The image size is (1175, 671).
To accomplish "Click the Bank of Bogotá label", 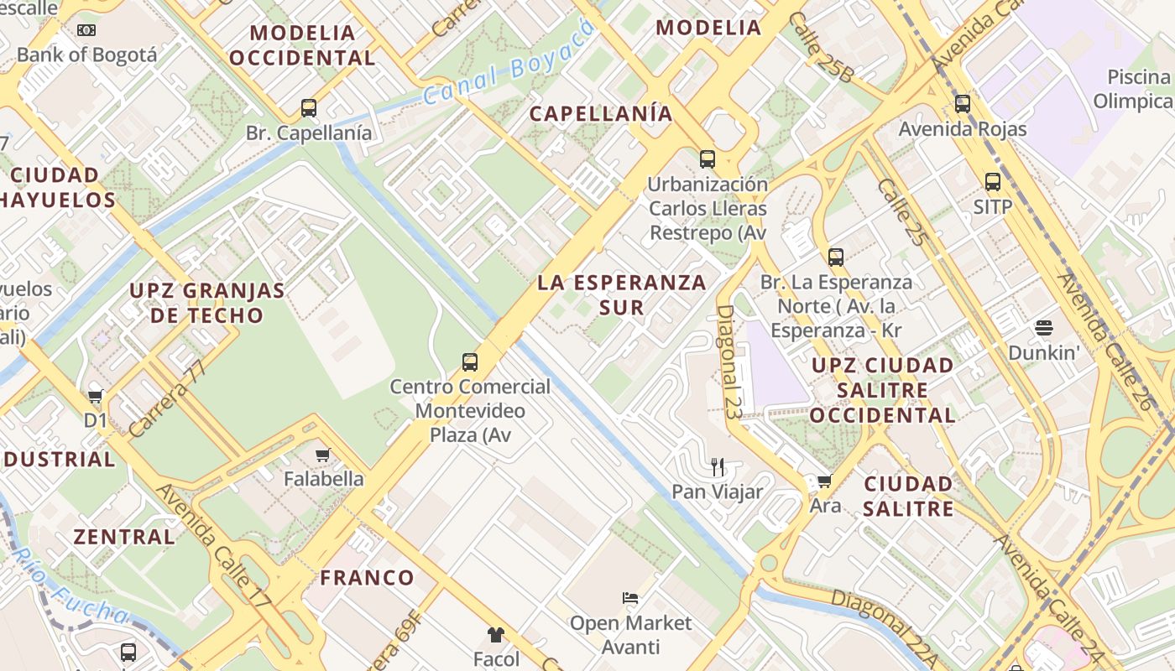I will [86, 55].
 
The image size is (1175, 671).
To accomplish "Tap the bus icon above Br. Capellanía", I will [309, 107].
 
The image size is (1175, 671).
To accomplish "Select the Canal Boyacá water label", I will [509, 61].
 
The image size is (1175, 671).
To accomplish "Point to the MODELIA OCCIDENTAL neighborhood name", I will [303, 45].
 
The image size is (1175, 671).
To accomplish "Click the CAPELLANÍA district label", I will [601, 113].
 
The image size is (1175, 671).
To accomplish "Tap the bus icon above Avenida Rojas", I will [963, 104].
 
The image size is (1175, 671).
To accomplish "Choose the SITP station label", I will [993, 206].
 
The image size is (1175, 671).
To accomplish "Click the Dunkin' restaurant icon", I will [1044, 327].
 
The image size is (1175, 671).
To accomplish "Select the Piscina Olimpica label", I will [1133, 89].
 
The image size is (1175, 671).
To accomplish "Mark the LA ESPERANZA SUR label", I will [622, 294].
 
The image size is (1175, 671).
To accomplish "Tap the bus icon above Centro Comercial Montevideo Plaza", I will [470, 362].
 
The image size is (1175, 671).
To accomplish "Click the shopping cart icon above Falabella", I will [322, 455].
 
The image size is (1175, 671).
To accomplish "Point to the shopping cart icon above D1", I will [96, 396].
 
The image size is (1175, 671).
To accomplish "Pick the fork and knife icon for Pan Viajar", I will [718, 466].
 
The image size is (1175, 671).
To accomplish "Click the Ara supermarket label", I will [825, 506].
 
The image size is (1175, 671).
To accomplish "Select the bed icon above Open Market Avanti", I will [631, 598].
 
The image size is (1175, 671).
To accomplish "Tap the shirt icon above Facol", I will [496, 634].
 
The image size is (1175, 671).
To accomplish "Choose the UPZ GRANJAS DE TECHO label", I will [206, 303].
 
